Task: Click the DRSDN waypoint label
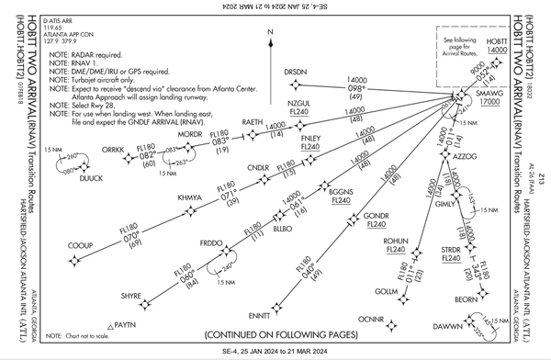pyautogui.click(x=295, y=71)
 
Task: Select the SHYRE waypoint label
pyautogui.click(x=131, y=296)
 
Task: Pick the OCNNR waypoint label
pyautogui.click(x=369, y=319)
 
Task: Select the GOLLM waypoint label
pyautogui.click(x=387, y=291)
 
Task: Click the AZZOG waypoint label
pyautogui.click(x=468, y=157)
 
